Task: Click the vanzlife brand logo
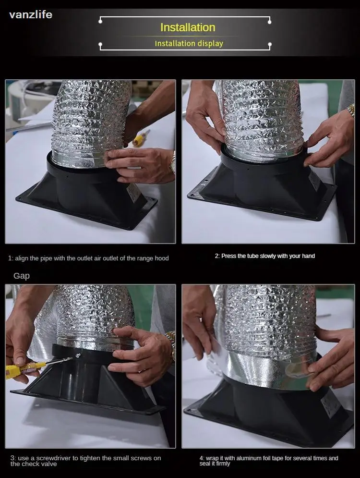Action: coord(31,14)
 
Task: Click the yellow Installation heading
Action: coord(188,27)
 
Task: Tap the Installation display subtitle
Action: coord(189,44)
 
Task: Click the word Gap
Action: coord(22,276)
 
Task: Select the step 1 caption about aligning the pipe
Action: coord(88,258)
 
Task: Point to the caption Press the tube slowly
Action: coord(264,256)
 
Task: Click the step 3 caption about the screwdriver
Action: coord(85,461)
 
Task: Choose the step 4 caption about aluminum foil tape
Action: coord(269,461)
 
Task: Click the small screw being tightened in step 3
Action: coord(78,356)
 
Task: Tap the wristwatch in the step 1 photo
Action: coord(173,162)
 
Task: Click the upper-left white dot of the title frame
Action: coord(100,21)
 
